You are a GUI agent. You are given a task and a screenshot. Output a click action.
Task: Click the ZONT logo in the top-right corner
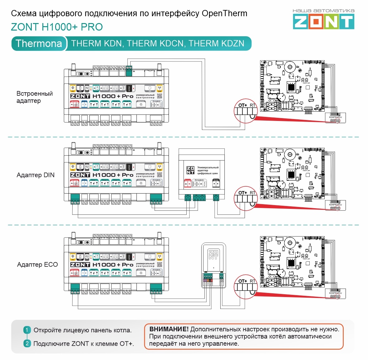(323, 22)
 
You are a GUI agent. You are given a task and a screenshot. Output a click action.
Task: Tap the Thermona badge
(39, 43)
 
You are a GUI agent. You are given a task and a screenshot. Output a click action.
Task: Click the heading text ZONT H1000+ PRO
(57, 27)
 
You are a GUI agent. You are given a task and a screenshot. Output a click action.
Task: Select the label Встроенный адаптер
(34, 97)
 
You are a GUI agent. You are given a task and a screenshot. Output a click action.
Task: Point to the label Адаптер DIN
(36, 175)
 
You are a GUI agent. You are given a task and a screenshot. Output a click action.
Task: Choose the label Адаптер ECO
(37, 265)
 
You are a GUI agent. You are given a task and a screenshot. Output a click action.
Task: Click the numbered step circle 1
(27, 330)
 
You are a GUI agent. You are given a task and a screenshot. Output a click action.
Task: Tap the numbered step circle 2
(27, 343)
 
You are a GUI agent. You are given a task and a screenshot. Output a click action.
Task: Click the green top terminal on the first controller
(129, 71)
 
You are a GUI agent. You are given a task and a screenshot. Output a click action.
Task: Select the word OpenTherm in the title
(224, 13)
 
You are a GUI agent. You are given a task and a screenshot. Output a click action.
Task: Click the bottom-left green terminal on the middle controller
(75, 199)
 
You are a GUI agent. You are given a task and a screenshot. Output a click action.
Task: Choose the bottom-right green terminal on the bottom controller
(156, 289)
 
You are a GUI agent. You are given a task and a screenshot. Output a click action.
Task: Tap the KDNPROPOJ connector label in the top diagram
(335, 117)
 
